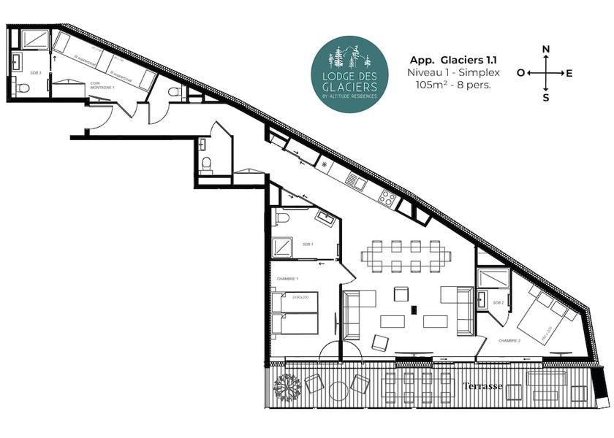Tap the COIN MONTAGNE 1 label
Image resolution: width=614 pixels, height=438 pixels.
103,85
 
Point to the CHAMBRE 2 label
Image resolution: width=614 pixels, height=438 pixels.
509,340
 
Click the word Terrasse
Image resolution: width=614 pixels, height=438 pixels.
482,386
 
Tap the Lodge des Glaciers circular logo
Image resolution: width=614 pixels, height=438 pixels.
348,74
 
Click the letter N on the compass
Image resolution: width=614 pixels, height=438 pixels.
545,50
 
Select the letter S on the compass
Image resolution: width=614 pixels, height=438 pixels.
545,97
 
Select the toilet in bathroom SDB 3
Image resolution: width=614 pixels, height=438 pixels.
22,88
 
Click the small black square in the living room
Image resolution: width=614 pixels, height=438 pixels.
414,310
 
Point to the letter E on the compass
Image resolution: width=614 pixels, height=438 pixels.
569,73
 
